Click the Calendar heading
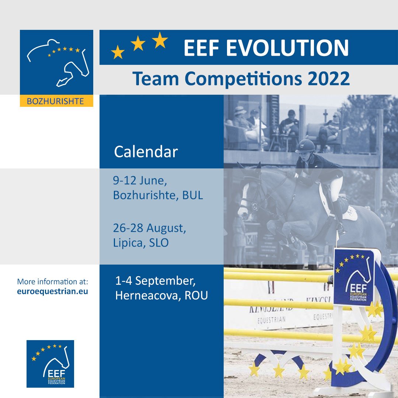(146, 151)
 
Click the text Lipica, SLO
(141, 243)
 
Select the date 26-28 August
(149, 228)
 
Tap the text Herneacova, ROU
(161, 295)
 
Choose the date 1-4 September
(155, 281)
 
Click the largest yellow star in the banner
(160, 40)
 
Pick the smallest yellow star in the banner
(118, 52)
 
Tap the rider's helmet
(305, 146)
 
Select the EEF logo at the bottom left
(50, 363)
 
